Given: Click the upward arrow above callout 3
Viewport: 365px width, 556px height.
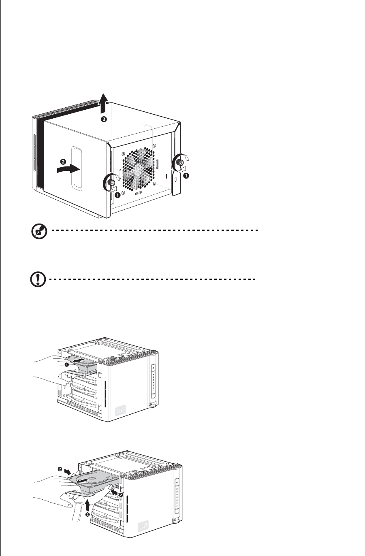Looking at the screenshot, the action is coord(104,102).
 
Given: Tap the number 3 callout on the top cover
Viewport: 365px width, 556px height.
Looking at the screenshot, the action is coord(104,119).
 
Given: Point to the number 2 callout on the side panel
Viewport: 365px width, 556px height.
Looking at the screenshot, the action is coord(63,161).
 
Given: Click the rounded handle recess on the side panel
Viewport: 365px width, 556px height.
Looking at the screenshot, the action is coord(76,168).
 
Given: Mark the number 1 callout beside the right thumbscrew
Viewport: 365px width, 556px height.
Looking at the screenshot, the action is coord(186,176).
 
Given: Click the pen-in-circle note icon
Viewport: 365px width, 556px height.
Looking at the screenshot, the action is coord(39,232).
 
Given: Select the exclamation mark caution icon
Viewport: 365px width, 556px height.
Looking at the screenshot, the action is coord(38,280).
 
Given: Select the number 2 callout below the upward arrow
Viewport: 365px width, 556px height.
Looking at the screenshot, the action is coord(88,515).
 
